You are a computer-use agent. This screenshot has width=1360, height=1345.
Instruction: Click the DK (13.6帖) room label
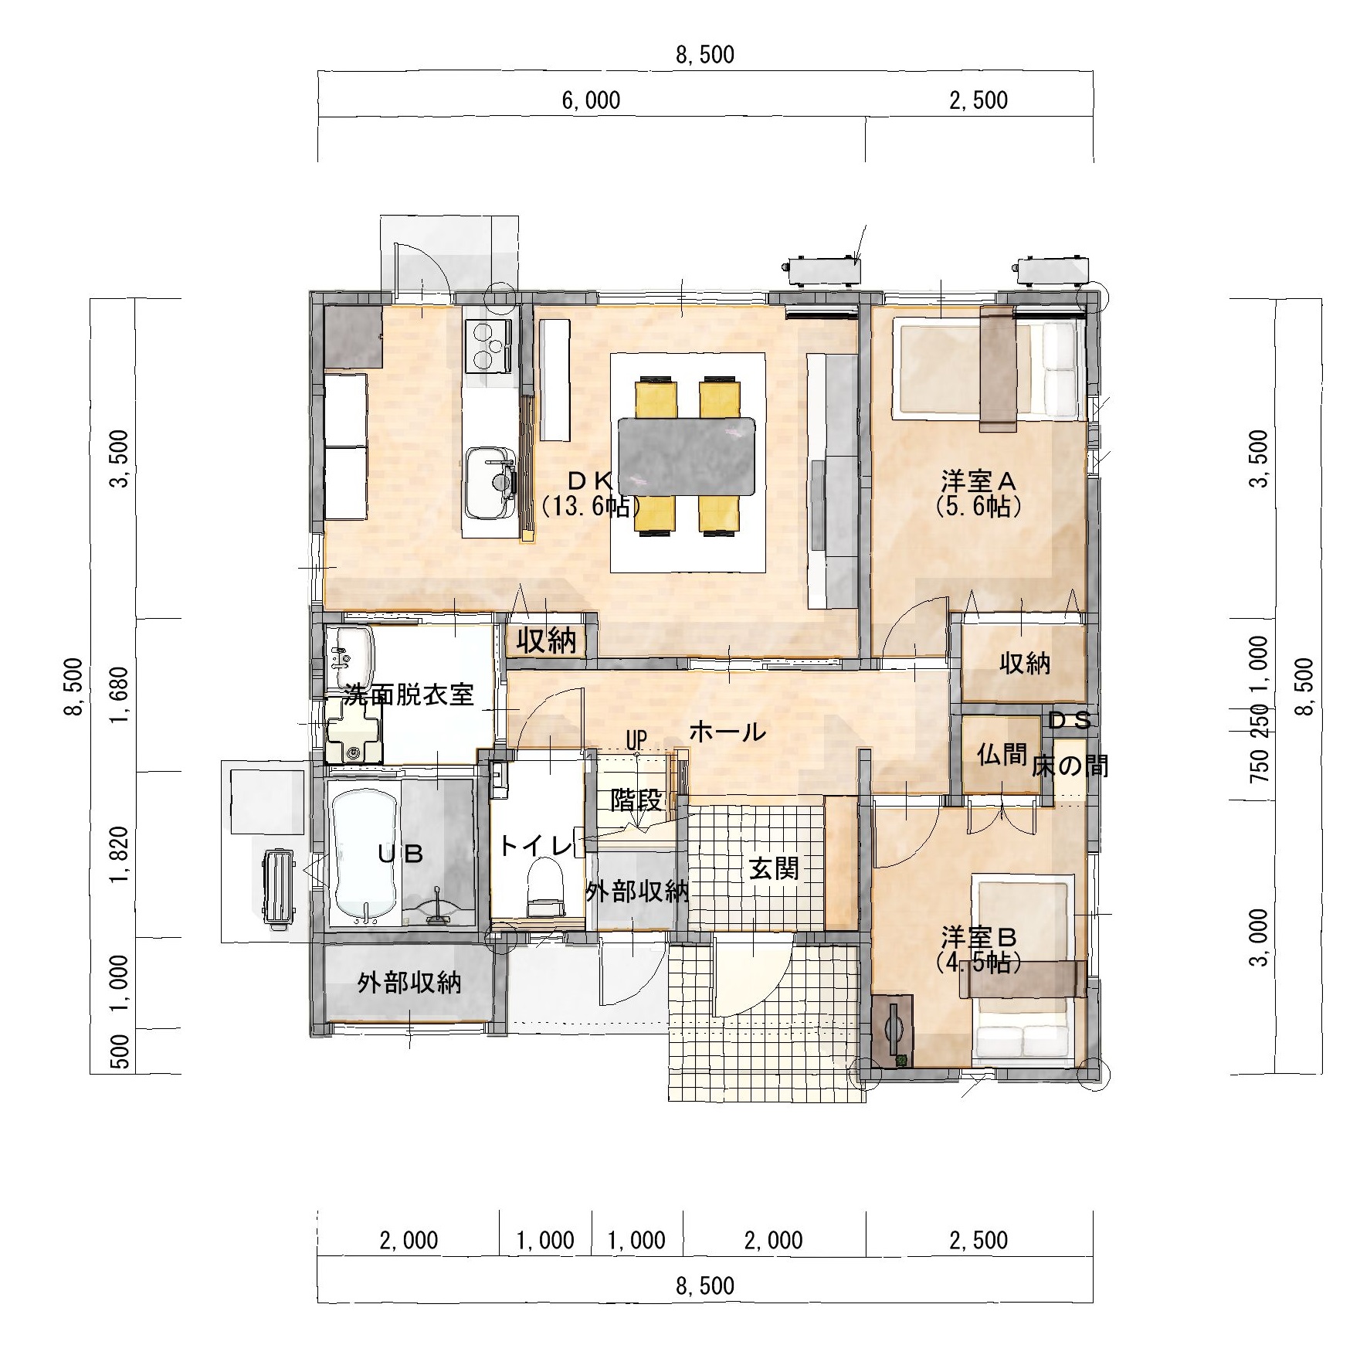[591, 493]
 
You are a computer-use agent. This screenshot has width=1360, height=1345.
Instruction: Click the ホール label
[727, 731]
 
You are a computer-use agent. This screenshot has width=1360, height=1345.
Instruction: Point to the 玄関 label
[774, 870]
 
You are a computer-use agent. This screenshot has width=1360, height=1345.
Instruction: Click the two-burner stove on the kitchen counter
[488, 345]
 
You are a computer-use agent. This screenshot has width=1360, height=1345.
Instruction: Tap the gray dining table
[687, 457]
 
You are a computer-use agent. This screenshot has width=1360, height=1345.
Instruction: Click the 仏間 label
[1001, 755]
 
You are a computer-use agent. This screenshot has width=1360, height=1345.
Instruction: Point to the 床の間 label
[1070, 765]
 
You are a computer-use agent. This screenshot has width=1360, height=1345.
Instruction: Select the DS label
[1070, 721]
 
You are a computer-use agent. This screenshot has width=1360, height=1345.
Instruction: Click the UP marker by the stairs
[636, 739]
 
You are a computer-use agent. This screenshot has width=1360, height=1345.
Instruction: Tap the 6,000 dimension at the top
[591, 100]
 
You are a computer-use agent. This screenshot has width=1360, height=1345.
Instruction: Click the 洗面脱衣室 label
[409, 695]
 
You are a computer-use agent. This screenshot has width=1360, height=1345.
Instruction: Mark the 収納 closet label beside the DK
[546, 641]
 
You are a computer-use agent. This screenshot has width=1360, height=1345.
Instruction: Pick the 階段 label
[636, 800]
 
